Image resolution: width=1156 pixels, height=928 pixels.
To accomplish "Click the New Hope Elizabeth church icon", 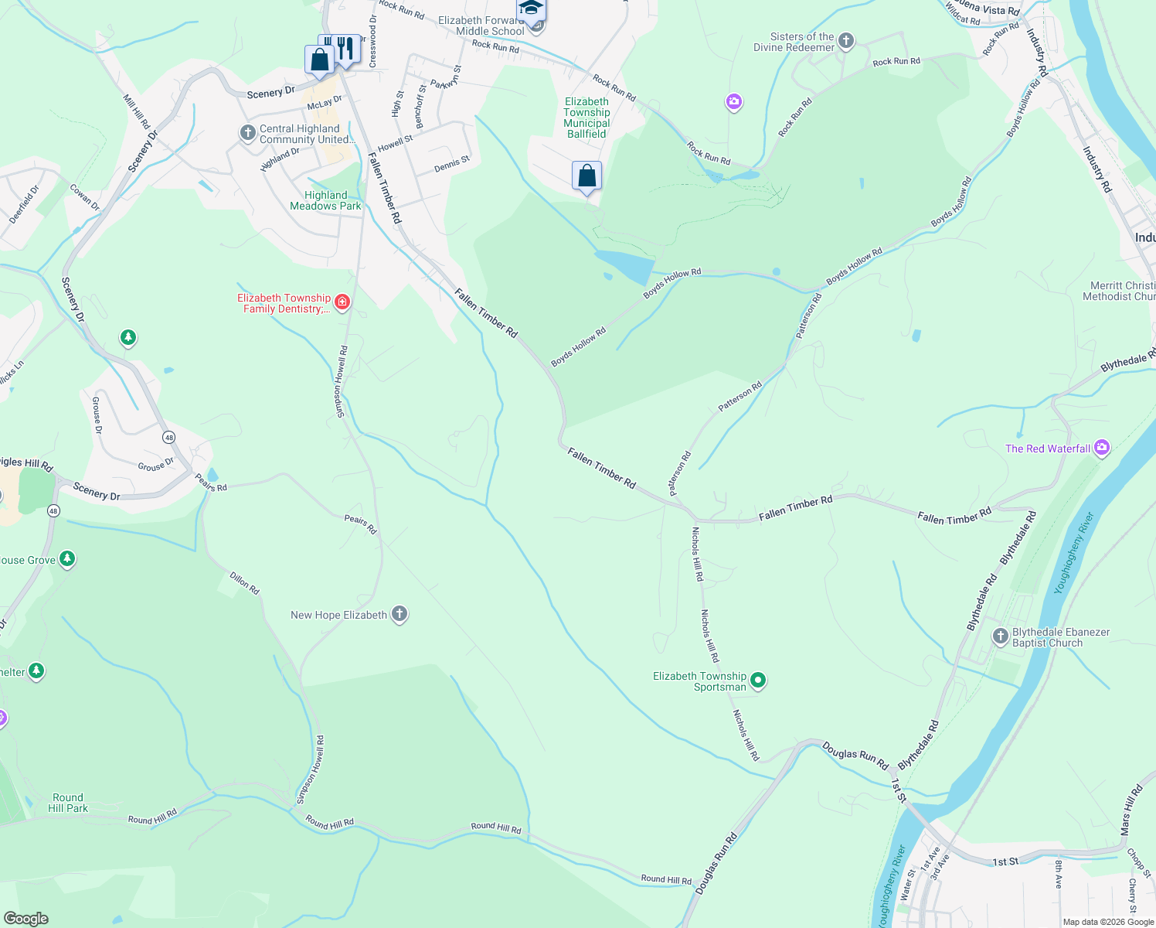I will point(399,614).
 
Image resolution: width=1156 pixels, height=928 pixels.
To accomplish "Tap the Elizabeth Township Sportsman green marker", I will point(758,681).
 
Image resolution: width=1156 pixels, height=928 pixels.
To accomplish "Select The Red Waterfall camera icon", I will point(1102,448).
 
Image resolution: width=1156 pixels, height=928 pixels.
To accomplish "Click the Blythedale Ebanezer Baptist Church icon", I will point(1000,636).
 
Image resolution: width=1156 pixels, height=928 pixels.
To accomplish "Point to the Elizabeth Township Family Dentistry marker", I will point(342,302).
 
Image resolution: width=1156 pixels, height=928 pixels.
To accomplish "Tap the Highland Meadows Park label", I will point(325,201).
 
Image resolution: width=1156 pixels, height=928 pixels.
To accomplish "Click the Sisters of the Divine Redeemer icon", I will point(845,41).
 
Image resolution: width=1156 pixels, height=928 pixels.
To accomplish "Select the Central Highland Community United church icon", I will point(247,133).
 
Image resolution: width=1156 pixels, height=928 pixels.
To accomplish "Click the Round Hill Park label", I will point(68,803).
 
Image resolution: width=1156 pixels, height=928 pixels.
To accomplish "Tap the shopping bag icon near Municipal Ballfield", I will point(586,176).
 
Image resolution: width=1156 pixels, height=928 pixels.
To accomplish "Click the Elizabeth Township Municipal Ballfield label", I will point(586,118).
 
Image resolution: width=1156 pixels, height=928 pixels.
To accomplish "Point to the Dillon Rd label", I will point(244,583).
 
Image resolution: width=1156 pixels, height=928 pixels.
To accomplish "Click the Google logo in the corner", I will point(26,918).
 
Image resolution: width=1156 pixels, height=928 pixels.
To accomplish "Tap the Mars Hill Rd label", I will point(1131,811).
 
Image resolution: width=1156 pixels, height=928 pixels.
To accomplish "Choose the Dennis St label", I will point(452,164).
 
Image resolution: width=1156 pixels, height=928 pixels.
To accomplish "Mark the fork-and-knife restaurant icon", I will point(345,49).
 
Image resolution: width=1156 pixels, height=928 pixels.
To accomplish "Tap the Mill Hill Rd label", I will point(137,111).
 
